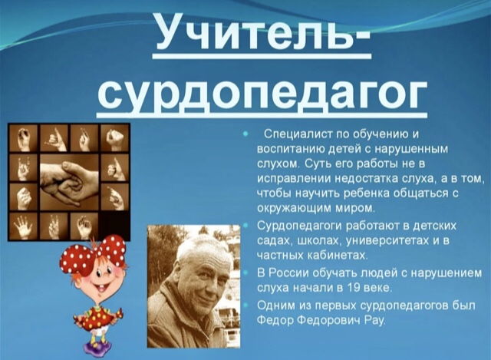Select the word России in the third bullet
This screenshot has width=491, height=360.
[288, 273]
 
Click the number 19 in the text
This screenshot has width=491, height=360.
[354, 288]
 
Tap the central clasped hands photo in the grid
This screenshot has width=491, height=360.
[70, 183]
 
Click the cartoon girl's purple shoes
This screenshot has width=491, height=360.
[97, 348]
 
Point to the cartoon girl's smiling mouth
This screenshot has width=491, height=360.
[102, 287]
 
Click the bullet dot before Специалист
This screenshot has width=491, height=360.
[245, 134]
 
